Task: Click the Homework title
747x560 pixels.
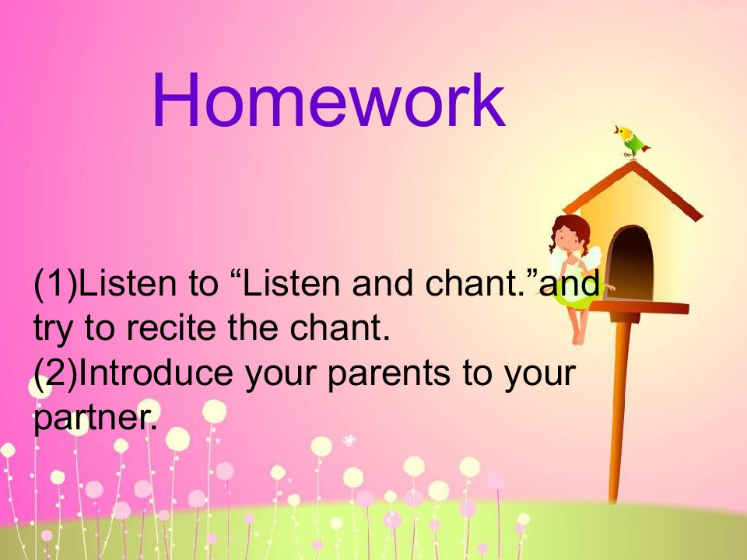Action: [328, 100]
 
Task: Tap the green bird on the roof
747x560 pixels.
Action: [632, 142]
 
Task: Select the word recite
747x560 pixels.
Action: [171, 327]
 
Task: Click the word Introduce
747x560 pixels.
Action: [156, 372]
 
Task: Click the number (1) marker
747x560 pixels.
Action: [55, 284]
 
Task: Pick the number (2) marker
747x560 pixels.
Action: [55, 373]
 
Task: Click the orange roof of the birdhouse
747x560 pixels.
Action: [633, 191]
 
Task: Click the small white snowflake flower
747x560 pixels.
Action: [349, 440]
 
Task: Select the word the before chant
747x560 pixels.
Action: [252, 327]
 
